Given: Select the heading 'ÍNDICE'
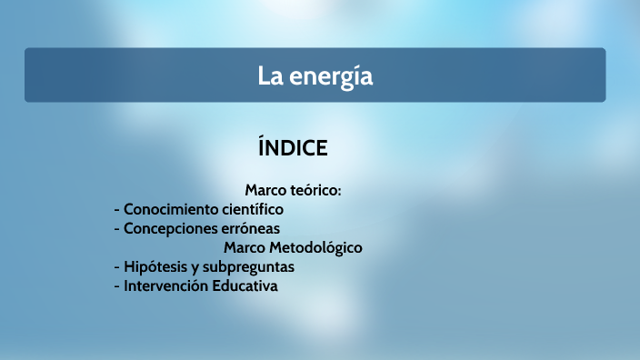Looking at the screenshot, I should [x=293, y=147].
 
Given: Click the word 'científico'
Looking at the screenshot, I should [x=250, y=209].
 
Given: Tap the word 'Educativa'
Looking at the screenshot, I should [x=245, y=285].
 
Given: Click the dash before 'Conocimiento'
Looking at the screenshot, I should [x=117, y=209].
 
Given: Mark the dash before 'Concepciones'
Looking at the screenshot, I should [x=117, y=228].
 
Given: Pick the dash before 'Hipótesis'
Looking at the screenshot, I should [x=117, y=267].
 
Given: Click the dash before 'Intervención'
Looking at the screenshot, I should [x=117, y=285].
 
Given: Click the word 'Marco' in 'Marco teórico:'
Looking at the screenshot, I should [x=265, y=190].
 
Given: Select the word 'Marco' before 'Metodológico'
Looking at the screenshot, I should [x=243, y=247].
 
